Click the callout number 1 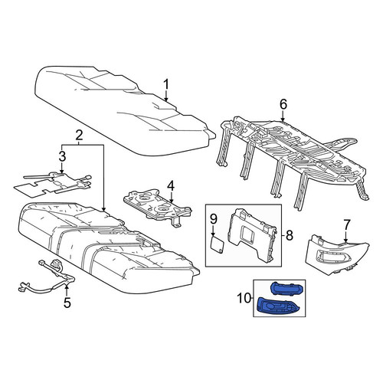166,84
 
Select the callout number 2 79,136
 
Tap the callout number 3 62,156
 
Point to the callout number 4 171,186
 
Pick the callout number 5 67,303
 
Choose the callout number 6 283,104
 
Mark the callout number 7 346,224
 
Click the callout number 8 290,235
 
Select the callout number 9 214,219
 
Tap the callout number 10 244,298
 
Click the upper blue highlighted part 287,289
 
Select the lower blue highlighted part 277,305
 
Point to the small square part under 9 218,244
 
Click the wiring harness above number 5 47,277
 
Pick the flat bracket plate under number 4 158,207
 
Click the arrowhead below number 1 166,100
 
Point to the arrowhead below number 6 283,119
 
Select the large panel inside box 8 252,234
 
